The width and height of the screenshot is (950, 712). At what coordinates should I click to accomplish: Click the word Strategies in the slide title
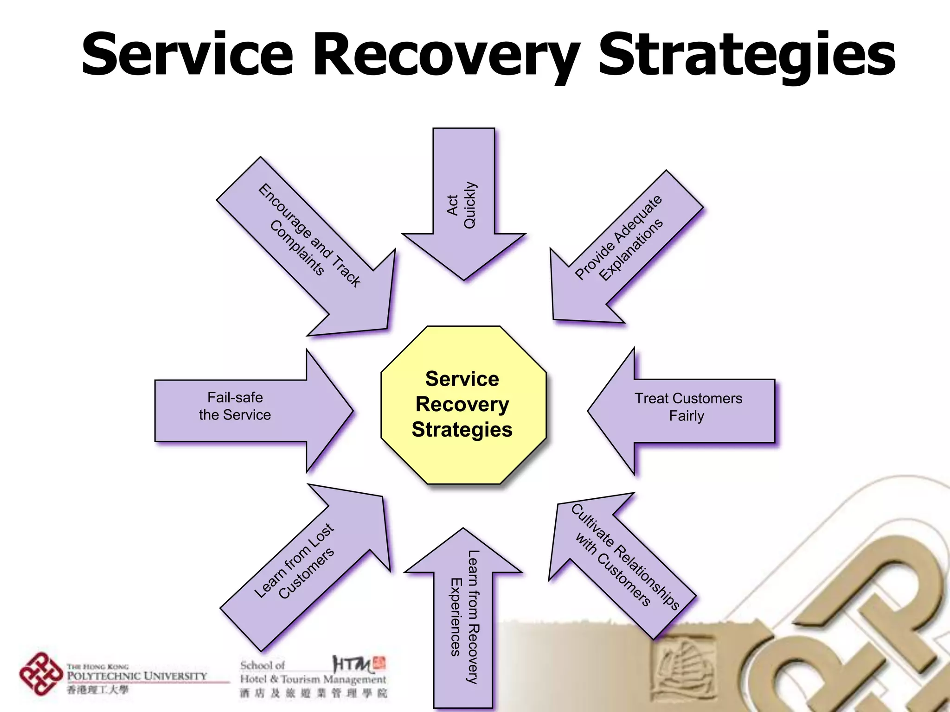[747, 55]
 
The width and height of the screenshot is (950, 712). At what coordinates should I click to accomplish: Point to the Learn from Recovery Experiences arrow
[463, 617]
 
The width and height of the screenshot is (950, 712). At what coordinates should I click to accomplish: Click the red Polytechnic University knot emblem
[41, 674]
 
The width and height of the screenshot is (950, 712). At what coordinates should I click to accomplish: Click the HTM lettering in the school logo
[352, 664]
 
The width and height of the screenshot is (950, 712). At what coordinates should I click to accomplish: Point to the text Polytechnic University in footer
[137, 676]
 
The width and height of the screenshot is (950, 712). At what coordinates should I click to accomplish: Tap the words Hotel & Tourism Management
[313, 680]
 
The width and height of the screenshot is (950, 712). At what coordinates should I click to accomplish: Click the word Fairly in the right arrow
[687, 416]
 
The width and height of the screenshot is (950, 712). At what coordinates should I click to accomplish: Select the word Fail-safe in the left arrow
[235, 397]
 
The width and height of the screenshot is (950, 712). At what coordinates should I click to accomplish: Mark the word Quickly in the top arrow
[470, 205]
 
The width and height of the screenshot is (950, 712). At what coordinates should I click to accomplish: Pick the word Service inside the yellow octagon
[462, 379]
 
